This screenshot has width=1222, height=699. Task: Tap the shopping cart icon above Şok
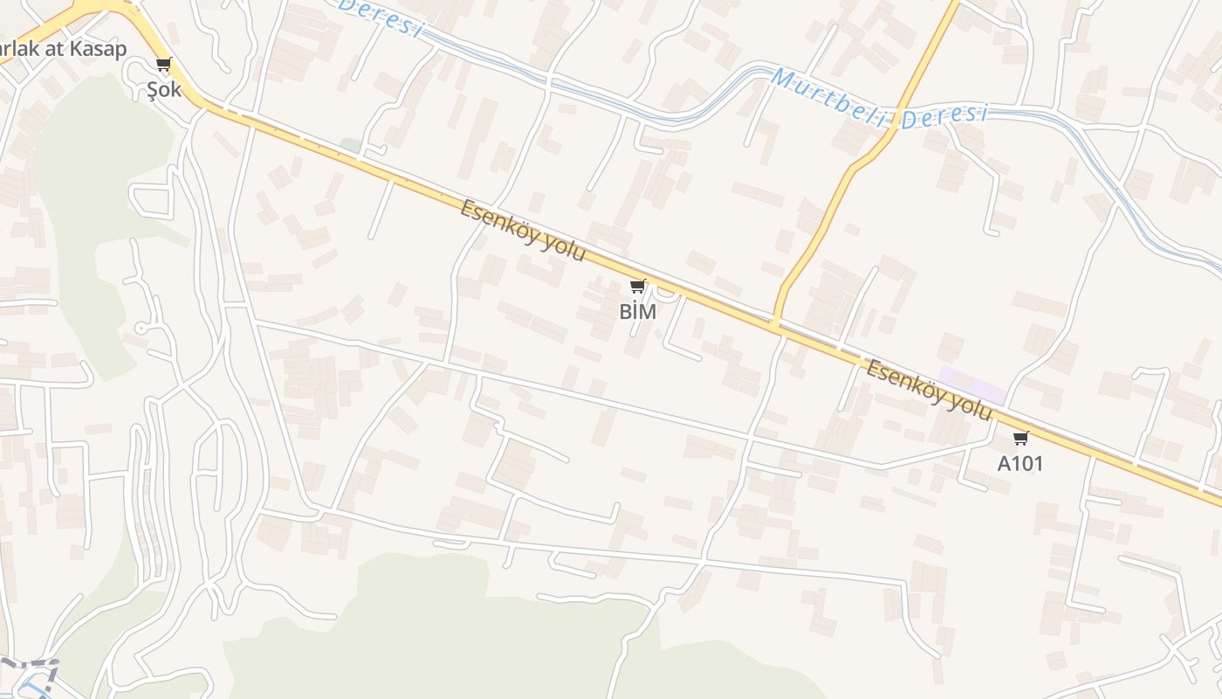pos(164,64)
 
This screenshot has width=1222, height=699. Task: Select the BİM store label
pos(637,311)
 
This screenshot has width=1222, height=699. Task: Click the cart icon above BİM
pos(638,286)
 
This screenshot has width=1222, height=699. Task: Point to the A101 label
pos(1020,463)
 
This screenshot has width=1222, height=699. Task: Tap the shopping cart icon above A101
pos(1020,438)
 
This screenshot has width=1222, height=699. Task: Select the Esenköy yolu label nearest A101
pos(930,390)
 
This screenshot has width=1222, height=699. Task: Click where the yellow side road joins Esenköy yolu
pos(775,323)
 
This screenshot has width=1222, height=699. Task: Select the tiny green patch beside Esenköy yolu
pos(350,145)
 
